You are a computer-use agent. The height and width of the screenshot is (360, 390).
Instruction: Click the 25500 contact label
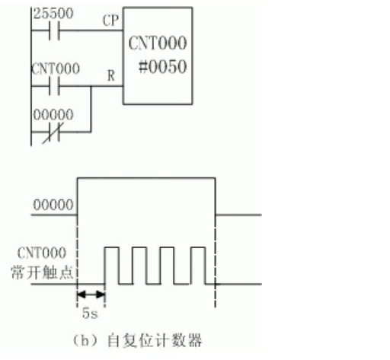pyautogui.click(x=53, y=14)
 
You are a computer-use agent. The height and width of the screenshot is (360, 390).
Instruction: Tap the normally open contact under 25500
pyautogui.click(x=54, y=30)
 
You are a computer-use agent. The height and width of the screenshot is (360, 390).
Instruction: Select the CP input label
pyautogui.click(x=110, y=21)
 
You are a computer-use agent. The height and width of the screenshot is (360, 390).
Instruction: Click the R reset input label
pyautogui.click(x=111, y=75)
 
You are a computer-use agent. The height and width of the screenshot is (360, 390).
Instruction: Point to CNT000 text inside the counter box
pyautogui.click(x=158, y=43)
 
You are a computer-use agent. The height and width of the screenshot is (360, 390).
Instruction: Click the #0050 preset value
pyautogui.click(x=163, y=67)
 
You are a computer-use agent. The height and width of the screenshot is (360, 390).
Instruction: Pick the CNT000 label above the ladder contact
pyautogui.click(x=56, y=68)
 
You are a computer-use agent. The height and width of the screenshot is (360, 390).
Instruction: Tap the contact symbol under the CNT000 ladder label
pyautogui.click(x=54, y=86)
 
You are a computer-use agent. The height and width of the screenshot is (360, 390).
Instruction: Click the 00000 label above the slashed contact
pyautogui.click(x=53, y=114)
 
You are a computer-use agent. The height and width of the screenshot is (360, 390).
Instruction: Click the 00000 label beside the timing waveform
pyautogui.click(x=53, y=205)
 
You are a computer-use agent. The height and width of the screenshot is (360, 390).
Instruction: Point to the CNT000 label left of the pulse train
pyautogui.click(x=42, y=253)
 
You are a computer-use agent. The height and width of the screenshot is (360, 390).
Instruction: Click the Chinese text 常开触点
pyautogui.click(x=42, y=272)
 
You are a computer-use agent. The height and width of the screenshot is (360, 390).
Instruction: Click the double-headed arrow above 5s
pyautogui.click(x=91, y=295)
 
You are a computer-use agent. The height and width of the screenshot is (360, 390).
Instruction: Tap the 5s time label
pyautogui.click(x=90, y=314)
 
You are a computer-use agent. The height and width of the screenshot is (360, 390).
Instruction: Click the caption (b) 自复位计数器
pyautogui.click(x=137, y=340)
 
